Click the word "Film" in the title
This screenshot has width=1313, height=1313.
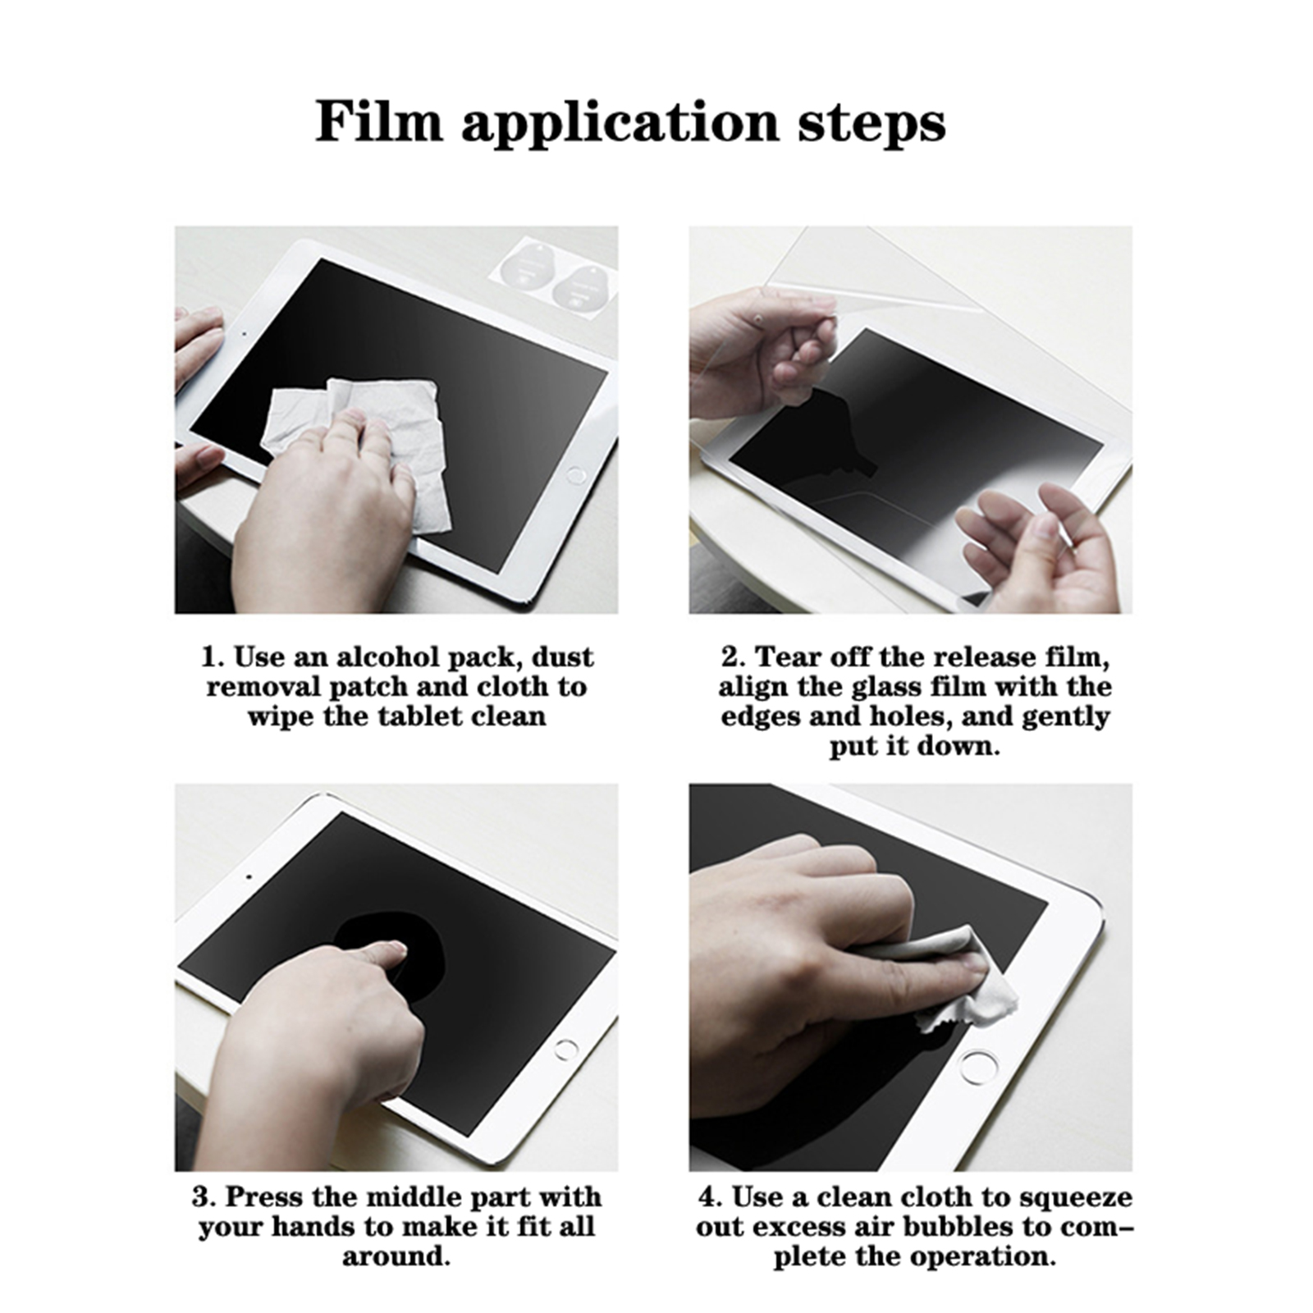click(x=378, y=122)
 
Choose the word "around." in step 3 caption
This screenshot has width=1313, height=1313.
click(x=396, y=1256)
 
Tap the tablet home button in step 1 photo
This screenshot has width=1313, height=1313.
click(x=577, y=475)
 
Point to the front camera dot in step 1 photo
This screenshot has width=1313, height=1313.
click(x=245, y=334)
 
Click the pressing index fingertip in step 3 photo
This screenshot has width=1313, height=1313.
click(x=394, y=953)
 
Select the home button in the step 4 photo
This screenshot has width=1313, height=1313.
click(x=978, y=1067)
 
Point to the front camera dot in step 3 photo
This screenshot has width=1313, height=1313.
click(x=249, y=876)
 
